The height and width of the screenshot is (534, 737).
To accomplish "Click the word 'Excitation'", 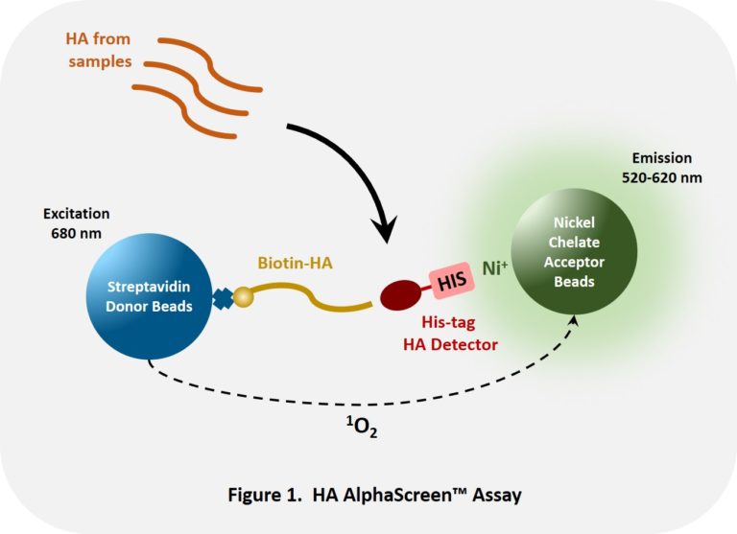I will click(76, 213).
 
